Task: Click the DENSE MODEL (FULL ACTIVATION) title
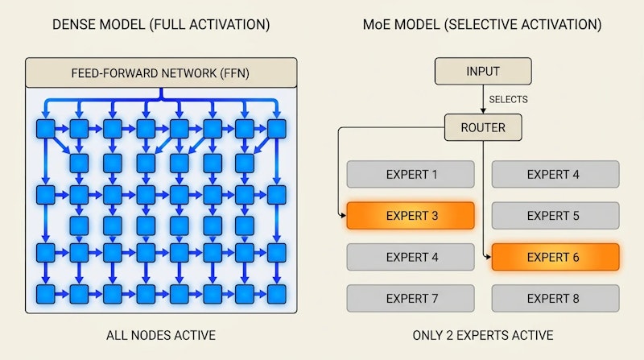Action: pyautogui.click(x=160, y=24)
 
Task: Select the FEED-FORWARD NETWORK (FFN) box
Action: pyautogui.click(x=160, y=73)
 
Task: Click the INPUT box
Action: pyautogui.click(x=483, y=71)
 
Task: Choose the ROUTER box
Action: pyautogui.click(x=483, y=126)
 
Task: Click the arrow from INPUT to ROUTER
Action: pyautogui.click(x=483, y=99)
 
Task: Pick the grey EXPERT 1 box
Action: pyautogui.click(x=411, y=174)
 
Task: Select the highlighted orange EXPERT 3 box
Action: pyautogui.click(x=411, y=215)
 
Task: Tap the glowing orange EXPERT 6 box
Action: pyautogui.click(x=555, y=257)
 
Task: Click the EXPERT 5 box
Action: pyautogui.click(x=555, y=215)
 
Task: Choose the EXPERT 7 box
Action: pyautogui.click(x=411, y=298)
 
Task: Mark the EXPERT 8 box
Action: pyautogui.click(x=555, y=298)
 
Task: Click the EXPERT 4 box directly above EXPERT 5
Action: pyautogui.click(x=555, y=174)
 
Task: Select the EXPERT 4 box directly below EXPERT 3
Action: pyautogui.click(x=411, y=257)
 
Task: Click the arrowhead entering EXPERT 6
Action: pyautogui.click(x=487, y=257)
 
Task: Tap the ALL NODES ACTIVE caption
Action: pyautogui.click(x=160, y=335)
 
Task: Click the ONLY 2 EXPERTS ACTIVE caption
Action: pyautogui.click(x=483, y=335)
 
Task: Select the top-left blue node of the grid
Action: pyautogui.click(x=46, y=129)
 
